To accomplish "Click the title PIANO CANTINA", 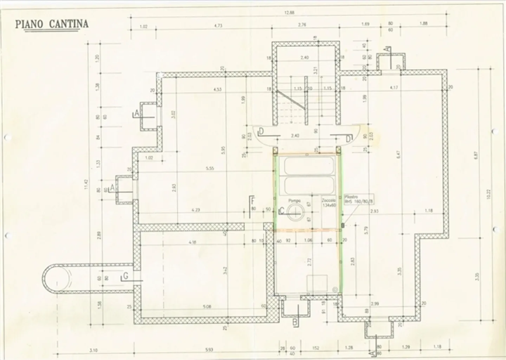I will [52, 24].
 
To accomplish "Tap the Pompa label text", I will [294, 201].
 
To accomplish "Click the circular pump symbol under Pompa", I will [294, 212].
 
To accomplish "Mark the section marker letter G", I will [126, 276].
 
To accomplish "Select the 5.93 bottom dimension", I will [209, 349].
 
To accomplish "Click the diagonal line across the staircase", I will [290, 99].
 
